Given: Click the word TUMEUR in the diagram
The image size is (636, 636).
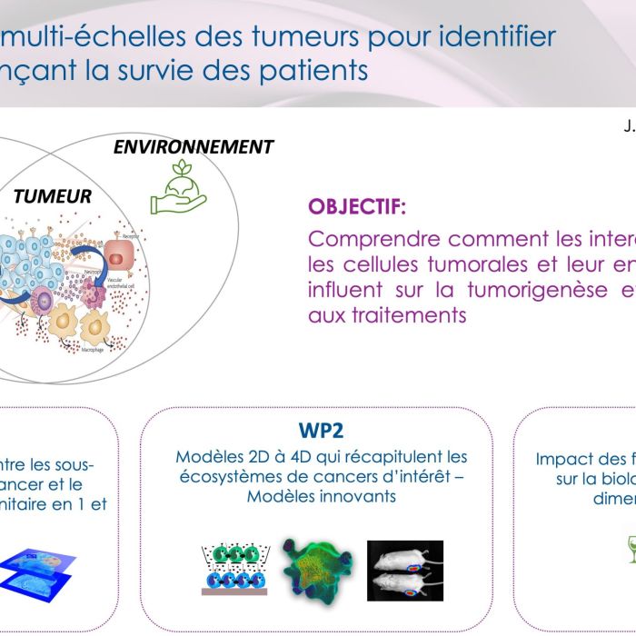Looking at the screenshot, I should pyautogui.click(x=53, y=196).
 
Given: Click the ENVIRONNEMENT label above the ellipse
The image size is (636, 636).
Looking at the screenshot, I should pyautogui.click(x=194, y=147).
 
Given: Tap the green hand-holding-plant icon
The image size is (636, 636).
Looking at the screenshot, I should pyautogui.click(x=178, y=187).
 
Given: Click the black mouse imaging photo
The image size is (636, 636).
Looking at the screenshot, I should pyautogui.click(x=405, y=571).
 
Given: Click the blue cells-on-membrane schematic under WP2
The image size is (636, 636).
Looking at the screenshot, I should pyautogui.click(x=228, y=569).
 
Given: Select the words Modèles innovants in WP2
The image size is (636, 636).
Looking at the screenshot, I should pyautogui.click(x=322, y=496).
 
